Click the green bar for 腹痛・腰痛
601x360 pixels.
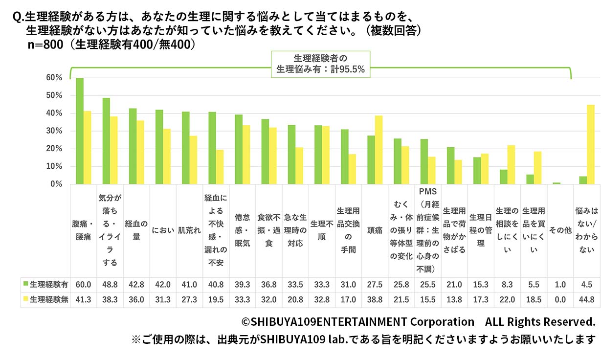tap(79, 131)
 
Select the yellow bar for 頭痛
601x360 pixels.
tap(378, 150)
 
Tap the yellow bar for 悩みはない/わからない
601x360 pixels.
tap(590, 144)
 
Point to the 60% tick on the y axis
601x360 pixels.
tap(54, 78)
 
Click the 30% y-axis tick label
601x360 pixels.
tap(54, 131)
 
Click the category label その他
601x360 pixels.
tap(560, 230)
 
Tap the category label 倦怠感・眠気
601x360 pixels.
tap(243, 230)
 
